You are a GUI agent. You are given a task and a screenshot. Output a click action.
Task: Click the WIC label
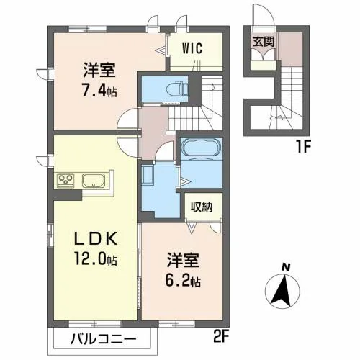[x=192, y=49]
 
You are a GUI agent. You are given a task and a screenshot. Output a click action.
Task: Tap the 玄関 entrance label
[x=264, y=42]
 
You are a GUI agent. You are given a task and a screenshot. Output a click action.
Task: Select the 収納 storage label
[x=202, y=207]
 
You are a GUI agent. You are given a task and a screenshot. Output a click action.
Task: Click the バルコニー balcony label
[x=104, y=339]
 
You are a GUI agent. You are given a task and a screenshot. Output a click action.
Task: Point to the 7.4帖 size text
[x=99, y=92]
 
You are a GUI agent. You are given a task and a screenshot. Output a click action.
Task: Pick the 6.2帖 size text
[x=183, y=280]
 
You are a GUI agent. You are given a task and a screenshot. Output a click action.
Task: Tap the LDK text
[x=96, y=238]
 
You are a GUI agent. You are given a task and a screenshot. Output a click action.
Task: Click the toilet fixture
[x=176, y=89]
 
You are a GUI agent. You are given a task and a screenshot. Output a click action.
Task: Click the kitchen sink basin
[x=94, y=181]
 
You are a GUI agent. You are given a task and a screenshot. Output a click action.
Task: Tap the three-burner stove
[x=66, y=180]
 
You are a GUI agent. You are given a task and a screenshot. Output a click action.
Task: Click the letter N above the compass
[x=286, y=267]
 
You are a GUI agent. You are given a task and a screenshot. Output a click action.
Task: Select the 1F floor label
[x=303, y=147]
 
